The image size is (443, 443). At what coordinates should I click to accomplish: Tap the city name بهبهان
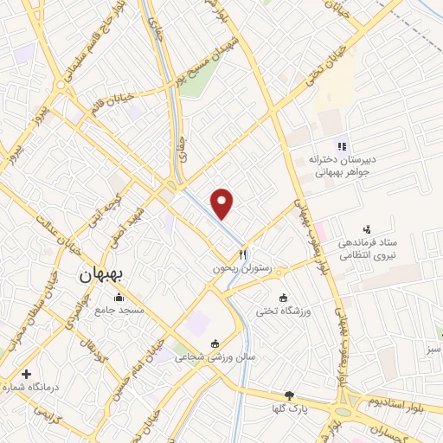click(x=103, y=275)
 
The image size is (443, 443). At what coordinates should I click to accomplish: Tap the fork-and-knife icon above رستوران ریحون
click(x=243, y=254)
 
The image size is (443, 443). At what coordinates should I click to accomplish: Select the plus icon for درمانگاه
click(x=27, y=375)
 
